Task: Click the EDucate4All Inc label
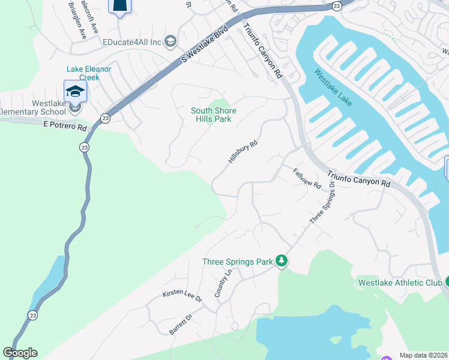[133, 42]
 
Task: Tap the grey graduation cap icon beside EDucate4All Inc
[170, 41]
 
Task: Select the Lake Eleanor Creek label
[88, 73]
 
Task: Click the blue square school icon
[75, 91]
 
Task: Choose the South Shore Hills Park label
[213, 115]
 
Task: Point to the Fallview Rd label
[307, 179]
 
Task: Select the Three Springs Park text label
[237, 262]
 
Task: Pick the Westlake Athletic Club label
[399, 282]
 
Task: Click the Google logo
[20, 353]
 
